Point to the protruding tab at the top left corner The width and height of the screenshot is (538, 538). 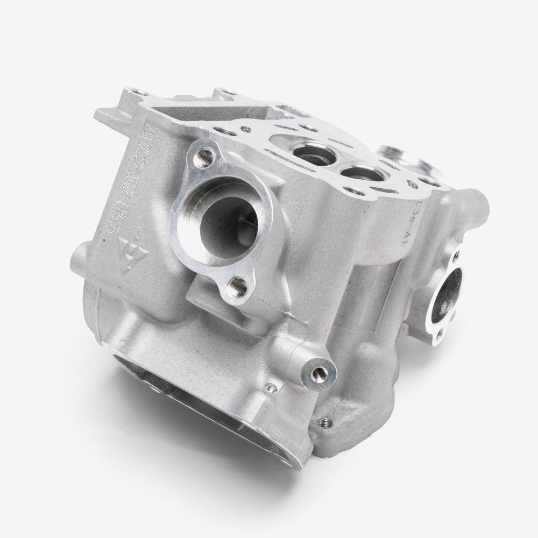pyautogui.click(x=108, y=114)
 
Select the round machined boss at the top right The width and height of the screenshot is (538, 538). pyautogui.click(x=401, y=157)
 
